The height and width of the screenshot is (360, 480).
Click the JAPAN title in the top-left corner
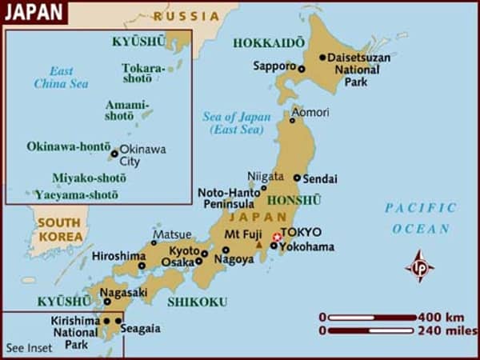pos(33,12)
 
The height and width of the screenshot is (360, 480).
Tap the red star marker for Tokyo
pos(277,237)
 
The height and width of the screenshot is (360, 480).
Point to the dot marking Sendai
pos(297,178)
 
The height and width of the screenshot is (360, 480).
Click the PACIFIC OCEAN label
pos(421,218)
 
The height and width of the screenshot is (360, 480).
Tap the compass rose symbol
pos(420,266)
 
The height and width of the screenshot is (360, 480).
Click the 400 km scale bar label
pos(441,317)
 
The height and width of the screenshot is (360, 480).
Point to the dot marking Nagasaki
pos(107,302)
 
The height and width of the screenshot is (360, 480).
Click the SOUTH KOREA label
pos(61,230)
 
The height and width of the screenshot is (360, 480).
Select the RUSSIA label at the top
pos(186,15)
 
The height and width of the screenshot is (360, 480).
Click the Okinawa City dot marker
pos(114,154)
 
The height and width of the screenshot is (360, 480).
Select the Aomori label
pos(310,112)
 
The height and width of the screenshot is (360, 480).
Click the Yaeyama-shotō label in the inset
pos(76,194)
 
